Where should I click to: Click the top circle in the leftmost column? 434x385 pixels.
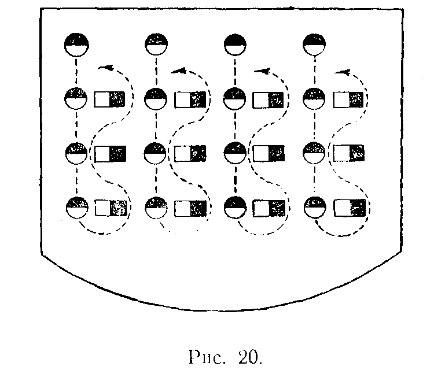click(x=76, y=45)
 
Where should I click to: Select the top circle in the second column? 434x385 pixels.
click(x=156, y=45)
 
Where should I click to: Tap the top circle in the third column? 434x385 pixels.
click(x=236, y=45)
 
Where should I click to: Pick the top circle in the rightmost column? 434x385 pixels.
click(x=315, y=45)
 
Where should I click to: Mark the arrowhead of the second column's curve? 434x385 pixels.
click(x=178, y=71)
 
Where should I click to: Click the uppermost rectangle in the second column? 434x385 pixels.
click(x=190, y=100)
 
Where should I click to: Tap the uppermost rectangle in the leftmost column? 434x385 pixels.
click(x=110, y=100)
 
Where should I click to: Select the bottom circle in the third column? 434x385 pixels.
click(x=236, y=208)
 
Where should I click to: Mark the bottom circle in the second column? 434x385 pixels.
click(x=156, y=208)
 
